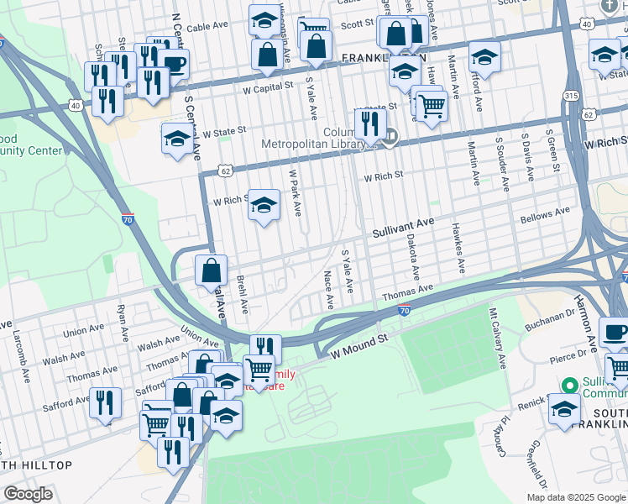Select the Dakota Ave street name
(412, 257)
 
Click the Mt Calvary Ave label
(498, 339)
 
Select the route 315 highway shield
(572, 96)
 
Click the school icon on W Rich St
(264, 206)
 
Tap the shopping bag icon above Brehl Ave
(211, 270)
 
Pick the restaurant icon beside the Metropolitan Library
(369, 123)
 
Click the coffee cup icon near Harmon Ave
(615, 331)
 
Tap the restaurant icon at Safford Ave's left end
(105, 402)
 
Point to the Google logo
(29, 495)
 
